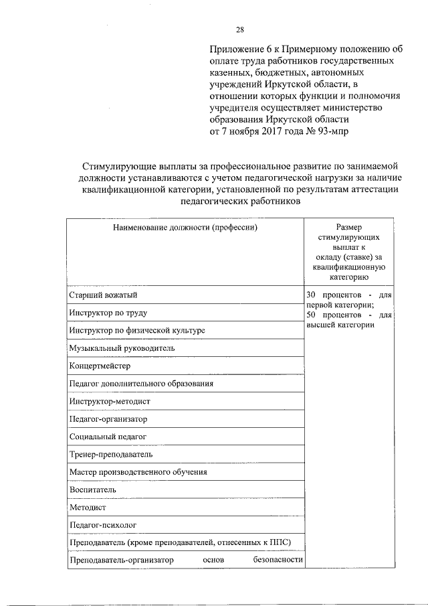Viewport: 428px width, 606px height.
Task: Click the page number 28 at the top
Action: coord(239,29)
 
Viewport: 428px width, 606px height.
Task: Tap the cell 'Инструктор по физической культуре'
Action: coord(136,331)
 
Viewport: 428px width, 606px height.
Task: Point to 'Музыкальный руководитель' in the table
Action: coord(122,348)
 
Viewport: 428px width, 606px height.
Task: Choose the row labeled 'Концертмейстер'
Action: coord(100,366)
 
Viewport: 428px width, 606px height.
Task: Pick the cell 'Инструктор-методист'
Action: coord(110,402)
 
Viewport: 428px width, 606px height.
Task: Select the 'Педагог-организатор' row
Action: coord(108,419)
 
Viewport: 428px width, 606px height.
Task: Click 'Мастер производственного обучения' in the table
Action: coord(138,472)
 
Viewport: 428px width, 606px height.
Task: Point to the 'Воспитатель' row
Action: coord(92,489)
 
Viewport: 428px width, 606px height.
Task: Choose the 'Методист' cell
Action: coord(86,508)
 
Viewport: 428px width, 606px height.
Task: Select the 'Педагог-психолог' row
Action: coord(102,525)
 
